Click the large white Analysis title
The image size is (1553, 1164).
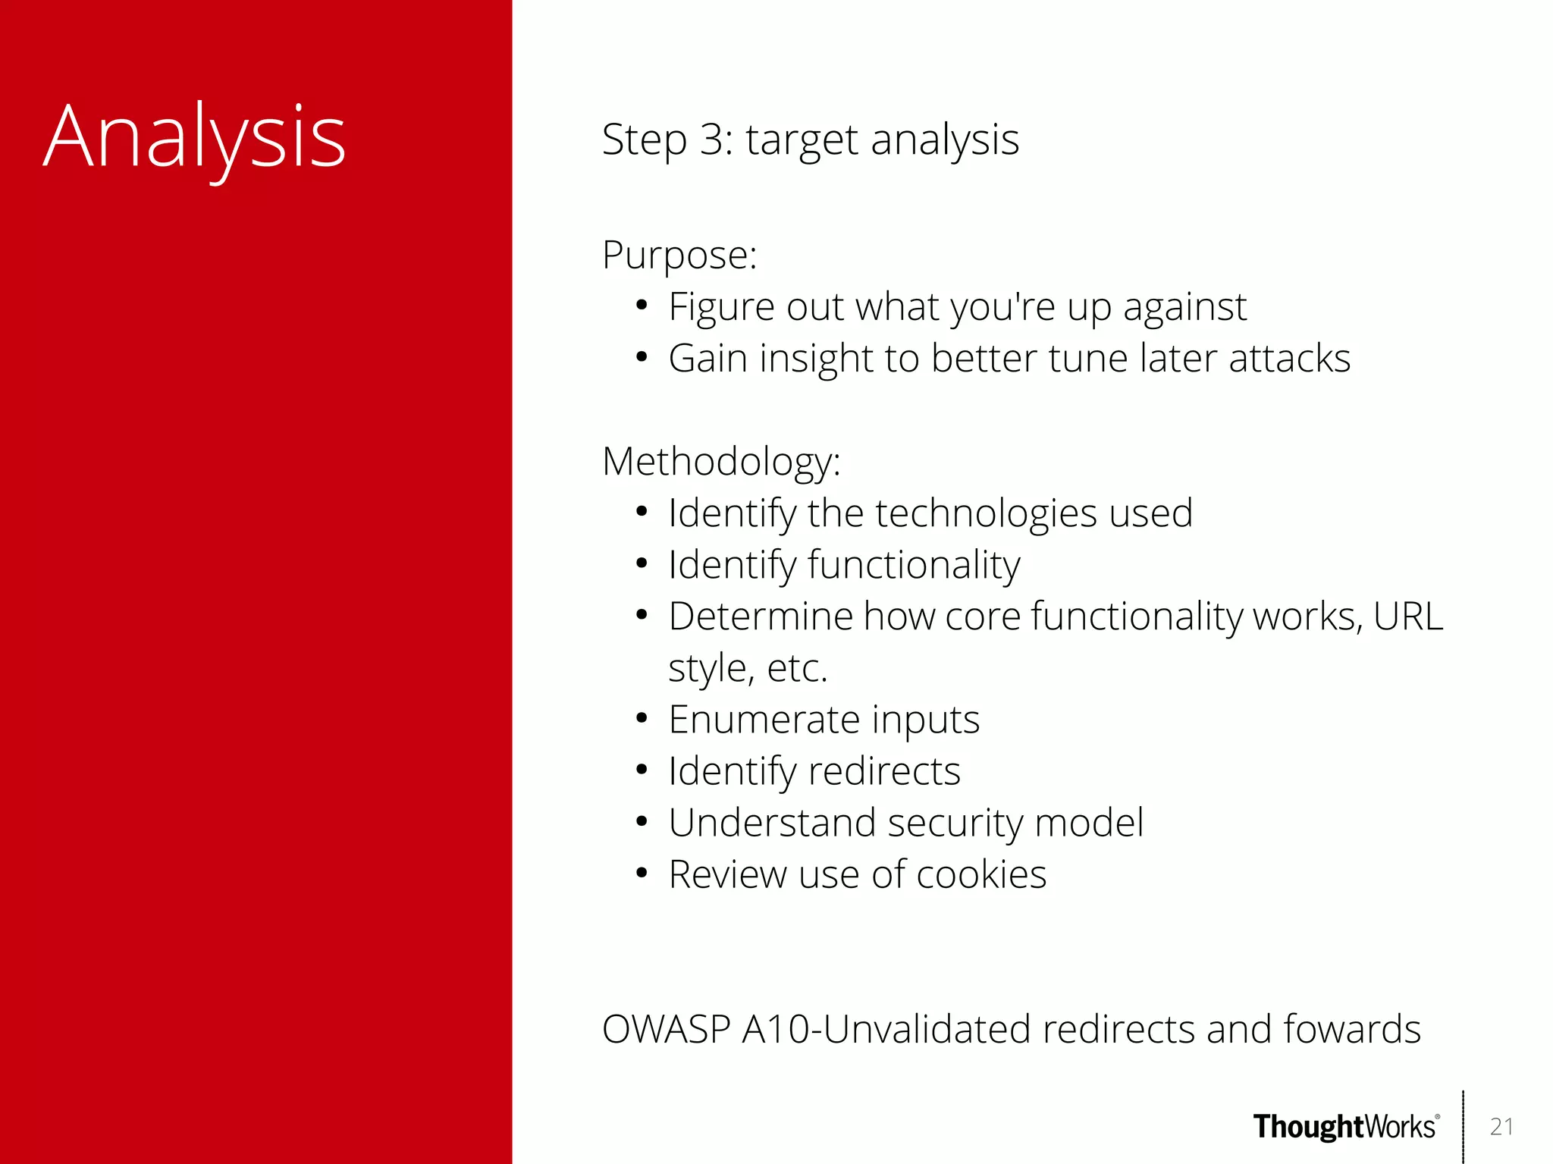coord(195,138)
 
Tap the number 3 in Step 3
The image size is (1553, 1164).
coord(714,140)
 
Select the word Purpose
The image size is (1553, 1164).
coord(676,255)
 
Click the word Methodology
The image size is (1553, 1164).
coord(718,462)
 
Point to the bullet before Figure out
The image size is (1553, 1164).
coord(642,306)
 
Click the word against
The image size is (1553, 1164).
coord(1184,308)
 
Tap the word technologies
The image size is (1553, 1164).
coord(986,514)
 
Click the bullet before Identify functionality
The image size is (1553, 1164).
coord(642,564)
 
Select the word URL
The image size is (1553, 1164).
coord(1407,616)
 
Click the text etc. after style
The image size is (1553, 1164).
coord(797,669)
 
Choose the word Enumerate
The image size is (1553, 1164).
coord(764,719)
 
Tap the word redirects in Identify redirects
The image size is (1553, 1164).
coord(884,771)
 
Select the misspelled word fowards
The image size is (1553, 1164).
coord(1351,1029)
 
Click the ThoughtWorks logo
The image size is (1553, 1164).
coord(1345,1127)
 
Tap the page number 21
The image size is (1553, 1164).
coord(1501,1127)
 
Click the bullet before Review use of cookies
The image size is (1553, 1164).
coord(642,874)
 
